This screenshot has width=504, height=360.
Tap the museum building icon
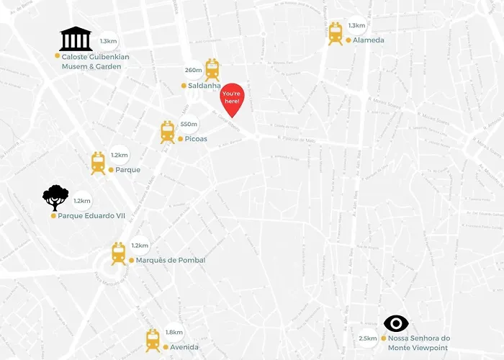(76, 39)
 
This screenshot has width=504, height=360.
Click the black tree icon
(55, 197)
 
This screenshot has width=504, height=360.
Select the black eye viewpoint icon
(396, 324)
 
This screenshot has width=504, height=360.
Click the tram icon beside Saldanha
(212, 70)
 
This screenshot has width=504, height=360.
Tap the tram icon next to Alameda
(336, 34)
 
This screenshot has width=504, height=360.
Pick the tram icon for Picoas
(168, 132)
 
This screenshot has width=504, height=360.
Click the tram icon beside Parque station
(99, 163)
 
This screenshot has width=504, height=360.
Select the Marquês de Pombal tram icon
(119, 253)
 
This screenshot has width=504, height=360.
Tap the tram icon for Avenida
(153, 340)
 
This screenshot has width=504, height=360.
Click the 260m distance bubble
(193, 70)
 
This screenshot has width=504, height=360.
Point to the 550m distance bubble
(189, 124)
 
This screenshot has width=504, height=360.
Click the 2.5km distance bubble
(367, 338)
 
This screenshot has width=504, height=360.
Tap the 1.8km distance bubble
(174, 332)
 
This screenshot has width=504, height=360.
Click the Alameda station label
(368, 40)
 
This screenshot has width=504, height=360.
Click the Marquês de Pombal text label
(171, 260)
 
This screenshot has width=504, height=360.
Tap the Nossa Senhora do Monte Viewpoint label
(418, 343)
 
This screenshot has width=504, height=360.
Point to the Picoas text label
(196, 139)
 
